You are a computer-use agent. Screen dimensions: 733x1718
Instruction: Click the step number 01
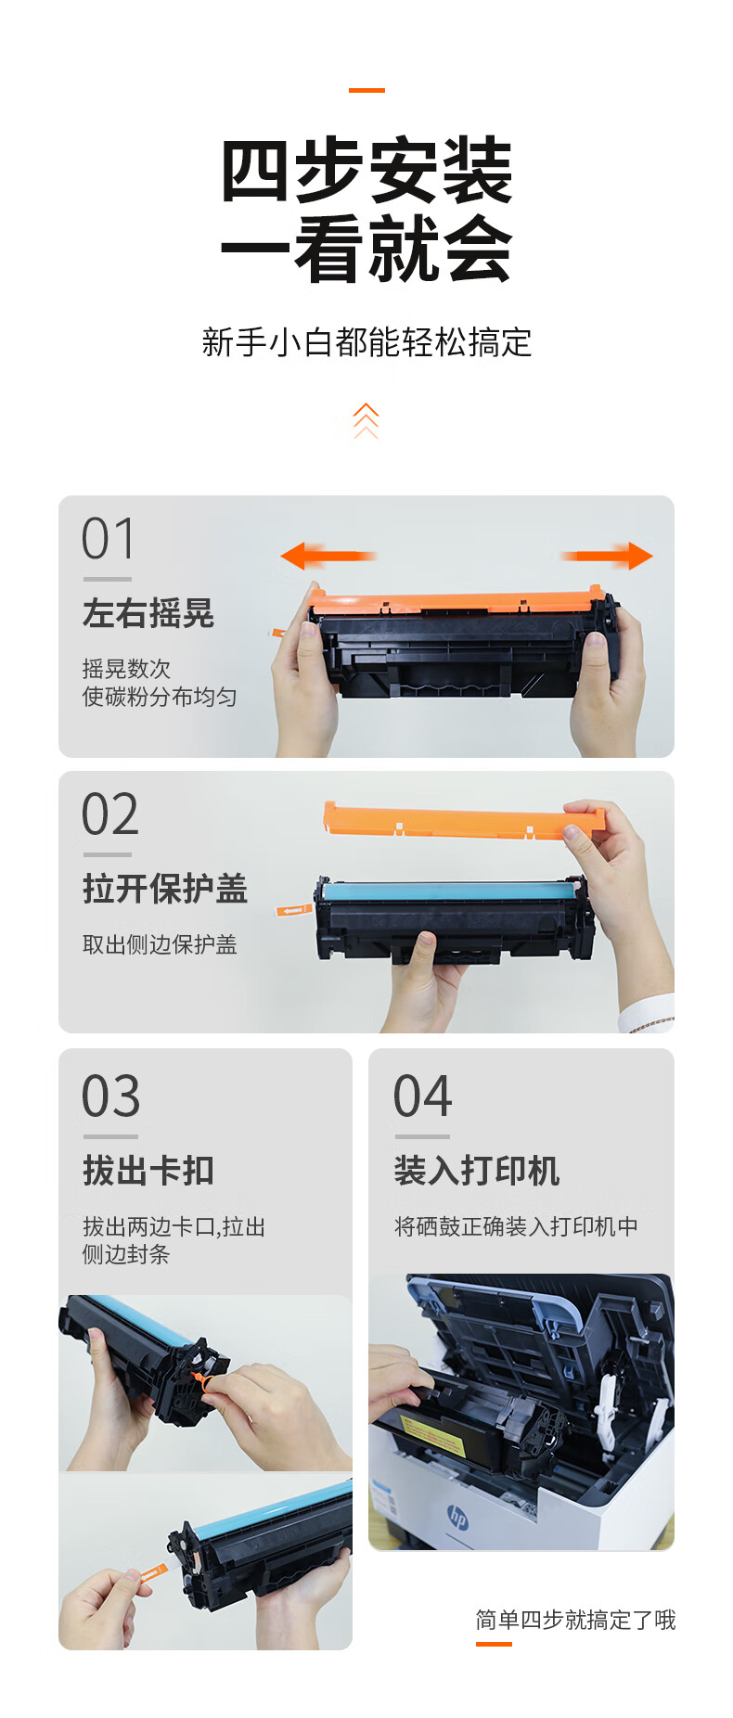108,539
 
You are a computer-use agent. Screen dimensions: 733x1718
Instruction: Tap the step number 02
109,814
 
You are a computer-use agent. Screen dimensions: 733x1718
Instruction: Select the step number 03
110,1096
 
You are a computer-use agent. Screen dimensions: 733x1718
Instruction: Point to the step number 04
422,1096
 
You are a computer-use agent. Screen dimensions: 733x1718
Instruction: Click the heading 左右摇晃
148,613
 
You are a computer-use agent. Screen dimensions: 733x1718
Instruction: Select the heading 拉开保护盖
165,889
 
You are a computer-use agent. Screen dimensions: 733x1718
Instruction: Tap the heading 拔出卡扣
148,1171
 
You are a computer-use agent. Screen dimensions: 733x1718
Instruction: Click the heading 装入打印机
477,1171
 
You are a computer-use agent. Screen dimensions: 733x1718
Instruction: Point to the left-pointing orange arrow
328,557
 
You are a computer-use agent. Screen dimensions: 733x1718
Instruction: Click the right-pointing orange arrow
607,557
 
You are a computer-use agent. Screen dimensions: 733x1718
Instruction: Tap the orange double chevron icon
366,420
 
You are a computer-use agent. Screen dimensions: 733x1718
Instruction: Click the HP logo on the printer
458,1518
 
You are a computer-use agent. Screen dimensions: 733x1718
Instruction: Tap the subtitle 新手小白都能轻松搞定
366,342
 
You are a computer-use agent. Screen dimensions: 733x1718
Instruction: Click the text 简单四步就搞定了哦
575,1620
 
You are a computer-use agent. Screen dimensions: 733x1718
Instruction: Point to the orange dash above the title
366,90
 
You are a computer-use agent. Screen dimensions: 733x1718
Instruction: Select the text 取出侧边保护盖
160,944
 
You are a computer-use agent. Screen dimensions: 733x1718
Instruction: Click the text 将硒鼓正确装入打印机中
516,1226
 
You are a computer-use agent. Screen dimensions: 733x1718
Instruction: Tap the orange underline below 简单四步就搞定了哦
494,1644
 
